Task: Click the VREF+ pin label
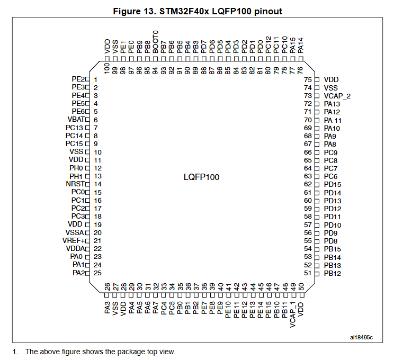[75, 241]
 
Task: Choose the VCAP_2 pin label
[337, 96]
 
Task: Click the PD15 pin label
[332, 184]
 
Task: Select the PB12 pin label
[332, 273]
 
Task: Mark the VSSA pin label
[75, 233]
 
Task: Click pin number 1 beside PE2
[95, 79]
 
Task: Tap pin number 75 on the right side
[308, 79]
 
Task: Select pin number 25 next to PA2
[97, 273]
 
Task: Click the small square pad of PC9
[317, 152]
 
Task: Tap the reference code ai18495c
[361, 337]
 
